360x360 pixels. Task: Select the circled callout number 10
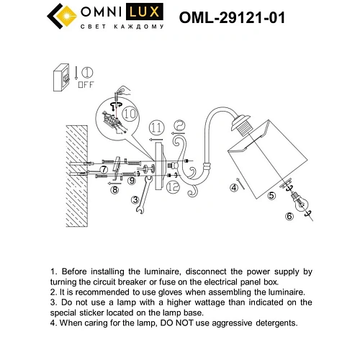[130, 112]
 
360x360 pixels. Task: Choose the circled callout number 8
[114, 190]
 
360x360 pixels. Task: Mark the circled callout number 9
[132, 180]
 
